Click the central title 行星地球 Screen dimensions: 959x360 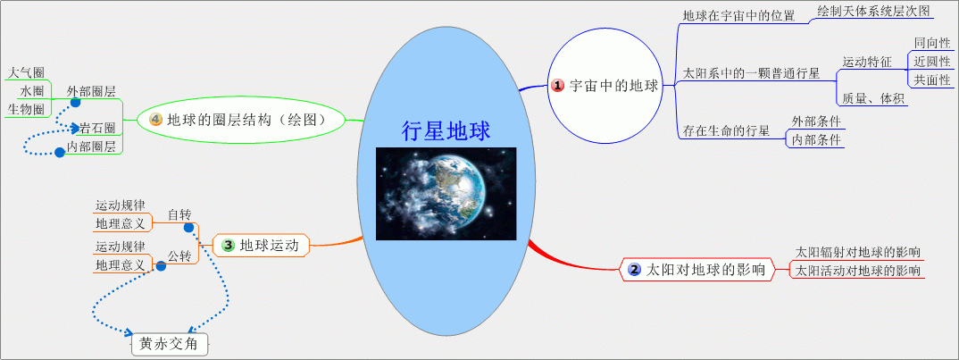coord(446,131)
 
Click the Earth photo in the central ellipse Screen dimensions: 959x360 coord(446,194)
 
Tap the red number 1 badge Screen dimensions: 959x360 coord(558,86)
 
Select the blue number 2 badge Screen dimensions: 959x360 coord(635,270)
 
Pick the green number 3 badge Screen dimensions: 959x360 coord(228,246)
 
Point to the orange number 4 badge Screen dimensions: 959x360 coord(155,120)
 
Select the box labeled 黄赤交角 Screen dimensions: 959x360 coord(170,344)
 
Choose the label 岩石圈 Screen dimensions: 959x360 coord(97,128)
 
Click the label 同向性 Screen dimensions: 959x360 coord(932,43)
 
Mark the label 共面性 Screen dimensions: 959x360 coord(932,80)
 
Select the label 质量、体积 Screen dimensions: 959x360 coord(872,98)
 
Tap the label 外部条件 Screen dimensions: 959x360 coord(816,121)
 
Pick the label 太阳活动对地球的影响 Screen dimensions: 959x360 coord(857,271)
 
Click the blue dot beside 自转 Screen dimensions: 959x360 coord(189,228)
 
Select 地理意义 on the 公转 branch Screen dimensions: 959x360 coord(121,265)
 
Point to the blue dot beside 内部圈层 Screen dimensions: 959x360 coord(59,152)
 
